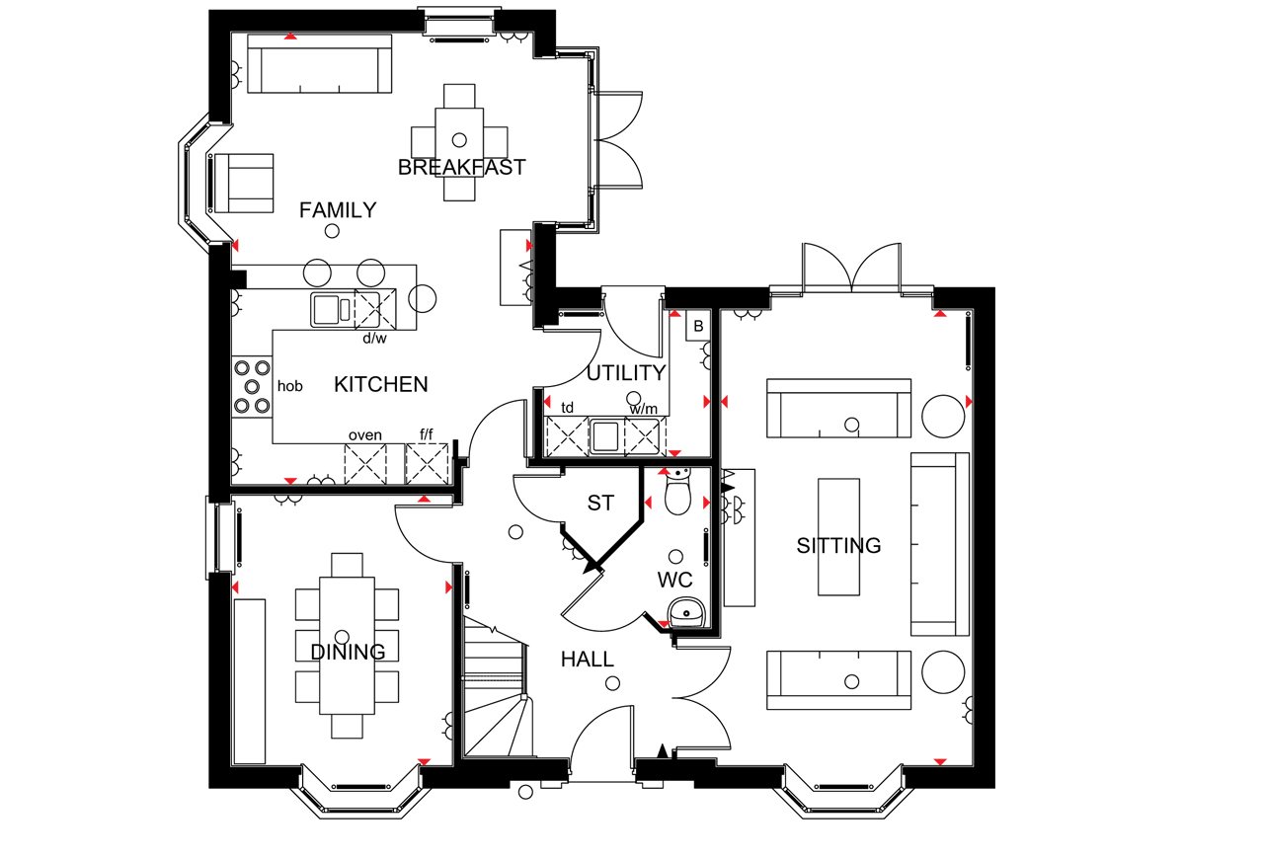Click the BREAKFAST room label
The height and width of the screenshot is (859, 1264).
pos(461,167)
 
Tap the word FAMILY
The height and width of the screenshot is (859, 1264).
pos(338,210)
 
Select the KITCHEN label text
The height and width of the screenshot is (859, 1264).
pos(381,384)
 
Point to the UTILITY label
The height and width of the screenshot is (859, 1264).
pos(626,373)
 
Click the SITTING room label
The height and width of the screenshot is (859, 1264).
pos(838,545)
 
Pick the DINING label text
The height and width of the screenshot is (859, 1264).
pos(348,652)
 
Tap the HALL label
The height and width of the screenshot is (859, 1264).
pos(587,660)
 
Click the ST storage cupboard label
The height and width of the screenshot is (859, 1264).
pos(600,503)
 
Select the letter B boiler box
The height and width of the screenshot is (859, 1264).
pos(698,326)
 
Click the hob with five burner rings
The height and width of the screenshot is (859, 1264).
pos(252,387)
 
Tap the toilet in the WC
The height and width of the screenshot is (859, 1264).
pos(677,490)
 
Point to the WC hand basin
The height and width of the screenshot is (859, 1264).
pos(686,612)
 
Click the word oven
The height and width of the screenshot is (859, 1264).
pos(365,435)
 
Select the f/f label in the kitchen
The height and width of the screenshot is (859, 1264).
pos(427,434)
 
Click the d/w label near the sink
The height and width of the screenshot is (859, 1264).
pos(374,338)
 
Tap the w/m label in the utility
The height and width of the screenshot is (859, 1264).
pos(644,408)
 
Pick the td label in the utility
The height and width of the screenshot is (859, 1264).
pos(567,408)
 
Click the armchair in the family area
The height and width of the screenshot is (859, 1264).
pos(244,184)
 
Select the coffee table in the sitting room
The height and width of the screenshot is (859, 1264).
pos(839,537)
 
